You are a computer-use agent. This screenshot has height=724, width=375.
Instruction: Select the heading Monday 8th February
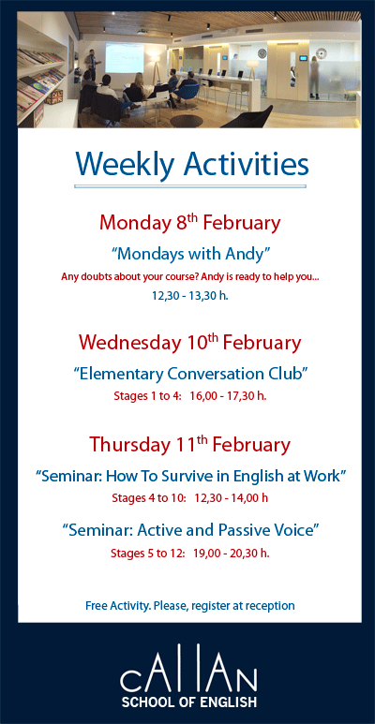point(189,223)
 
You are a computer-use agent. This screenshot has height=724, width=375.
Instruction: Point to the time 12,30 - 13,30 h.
point(189,295)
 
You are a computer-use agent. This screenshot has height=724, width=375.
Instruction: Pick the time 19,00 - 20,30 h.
point(232,553)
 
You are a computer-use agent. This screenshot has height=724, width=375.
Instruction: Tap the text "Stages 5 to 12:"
point(147,553)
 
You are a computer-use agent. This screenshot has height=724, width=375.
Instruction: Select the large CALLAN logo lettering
point(188,676)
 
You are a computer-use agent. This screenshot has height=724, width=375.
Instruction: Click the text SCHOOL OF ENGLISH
point(188,701)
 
